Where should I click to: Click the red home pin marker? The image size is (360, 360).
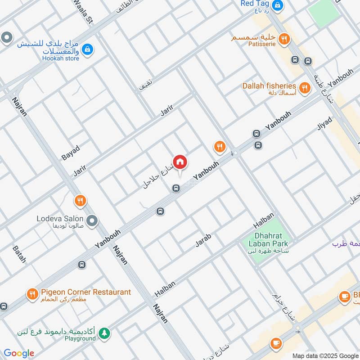pos(180,162)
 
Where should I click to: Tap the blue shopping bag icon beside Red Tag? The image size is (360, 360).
pos(279,5)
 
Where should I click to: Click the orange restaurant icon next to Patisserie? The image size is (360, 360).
pos(283,39)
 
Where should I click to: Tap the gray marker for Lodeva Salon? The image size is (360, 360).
pos(92,220)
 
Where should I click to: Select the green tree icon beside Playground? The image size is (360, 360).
pos(104,333)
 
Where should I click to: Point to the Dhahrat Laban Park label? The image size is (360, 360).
pos(265,240)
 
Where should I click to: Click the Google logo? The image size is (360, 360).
pos(19,353)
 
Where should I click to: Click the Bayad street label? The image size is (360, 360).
pos(71,153)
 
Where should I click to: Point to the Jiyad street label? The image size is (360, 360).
pos(324,123)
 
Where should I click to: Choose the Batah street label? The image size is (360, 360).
pos(19,254)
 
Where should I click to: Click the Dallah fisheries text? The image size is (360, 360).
pos(269,86)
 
